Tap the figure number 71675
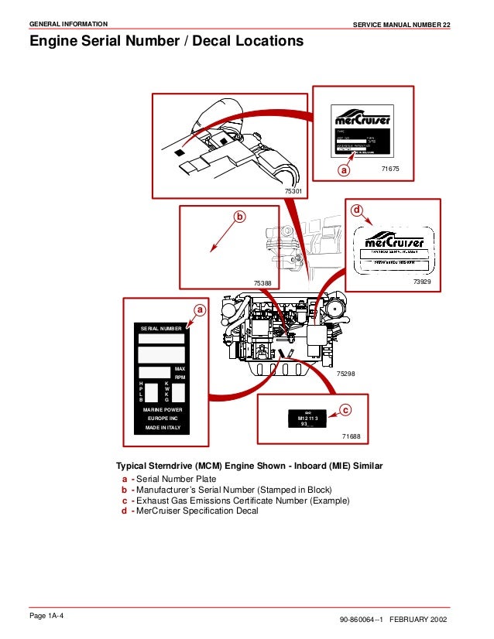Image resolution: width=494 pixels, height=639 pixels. click(391, 168)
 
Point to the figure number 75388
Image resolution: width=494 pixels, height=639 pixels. click(262, 284)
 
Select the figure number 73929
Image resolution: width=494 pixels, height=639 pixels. click(422, 282)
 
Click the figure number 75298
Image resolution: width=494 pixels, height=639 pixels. click(345, 374)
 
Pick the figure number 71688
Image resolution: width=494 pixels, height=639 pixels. click(351, 437)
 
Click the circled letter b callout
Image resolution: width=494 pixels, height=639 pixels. click(239, 217)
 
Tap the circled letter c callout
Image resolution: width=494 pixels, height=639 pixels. click(345, 409)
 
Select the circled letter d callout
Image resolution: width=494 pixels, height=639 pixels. click(356, 210)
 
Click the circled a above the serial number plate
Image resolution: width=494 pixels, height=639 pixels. click(200, 310)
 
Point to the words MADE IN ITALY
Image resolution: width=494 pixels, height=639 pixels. click(162, 428)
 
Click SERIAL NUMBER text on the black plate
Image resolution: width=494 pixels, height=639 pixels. click(160, 330)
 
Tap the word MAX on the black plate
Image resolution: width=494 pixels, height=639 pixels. click(180, 368)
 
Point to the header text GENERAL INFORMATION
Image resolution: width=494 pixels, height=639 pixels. click(68, 25)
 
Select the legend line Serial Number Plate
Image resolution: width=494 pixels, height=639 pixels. click(177, 480)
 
